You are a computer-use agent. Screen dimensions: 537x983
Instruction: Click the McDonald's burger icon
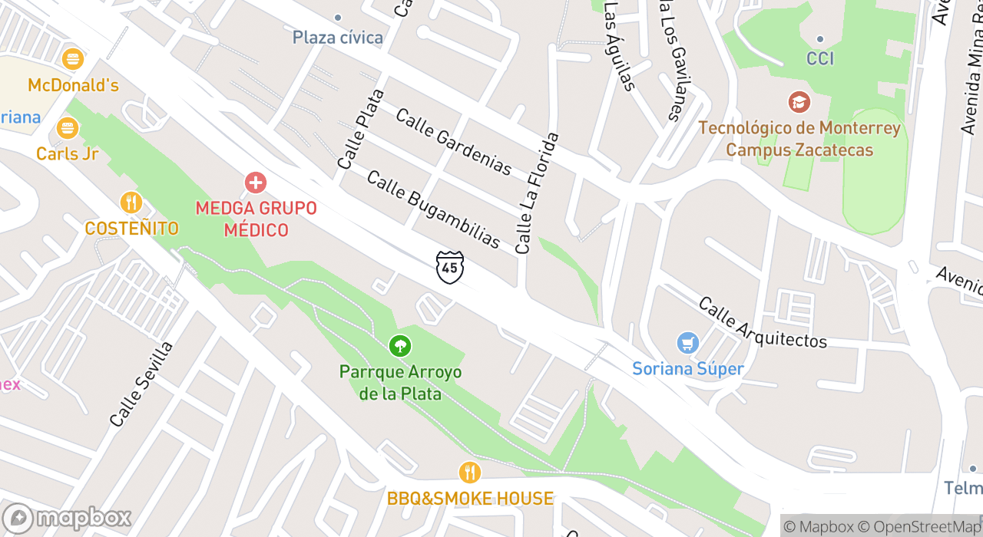coord(73,58)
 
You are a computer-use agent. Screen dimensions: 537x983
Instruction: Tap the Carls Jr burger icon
coord(68,127)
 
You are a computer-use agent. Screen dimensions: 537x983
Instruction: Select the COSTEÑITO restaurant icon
coord(131,203)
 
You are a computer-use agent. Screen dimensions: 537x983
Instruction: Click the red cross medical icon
coord(255,183)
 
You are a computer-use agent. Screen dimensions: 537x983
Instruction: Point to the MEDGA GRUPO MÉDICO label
coord(256,219)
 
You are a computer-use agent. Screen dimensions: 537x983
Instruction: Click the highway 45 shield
coord(449,267)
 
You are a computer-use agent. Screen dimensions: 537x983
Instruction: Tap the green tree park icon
coord(399,346)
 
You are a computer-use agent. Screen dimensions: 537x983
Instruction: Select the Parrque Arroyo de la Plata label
coord(401,383)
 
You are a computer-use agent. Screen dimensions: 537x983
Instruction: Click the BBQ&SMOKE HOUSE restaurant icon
coord(469,472)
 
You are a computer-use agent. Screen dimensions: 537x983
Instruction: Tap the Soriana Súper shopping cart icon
coord(687,342)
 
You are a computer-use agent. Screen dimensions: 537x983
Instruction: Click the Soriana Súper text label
coord(688,369)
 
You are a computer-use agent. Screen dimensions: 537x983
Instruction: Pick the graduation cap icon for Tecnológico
coord(799,101)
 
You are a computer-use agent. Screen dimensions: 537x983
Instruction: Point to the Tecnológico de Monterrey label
coord(799,138)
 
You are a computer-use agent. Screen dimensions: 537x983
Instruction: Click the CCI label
coord(820,58)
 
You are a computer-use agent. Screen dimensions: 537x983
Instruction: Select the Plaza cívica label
coord(338,37)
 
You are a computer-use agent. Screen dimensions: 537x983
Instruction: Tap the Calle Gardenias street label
coord(453,141)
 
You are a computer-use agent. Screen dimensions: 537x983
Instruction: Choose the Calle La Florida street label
coord(537,193)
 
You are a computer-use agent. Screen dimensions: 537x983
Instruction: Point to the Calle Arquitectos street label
coord(762,322)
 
